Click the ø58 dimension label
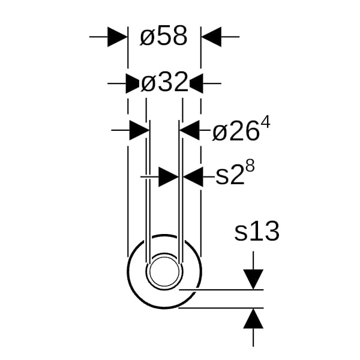tap(164, 36)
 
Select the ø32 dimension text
tap(164, 82)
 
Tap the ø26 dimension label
tap(236, 132)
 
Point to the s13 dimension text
tap(257, 231)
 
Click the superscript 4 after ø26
tap(266, 122)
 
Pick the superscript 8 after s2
tap(250, 166)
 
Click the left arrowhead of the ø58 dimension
tap(118, 37)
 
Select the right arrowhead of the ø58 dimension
tap(211, 37)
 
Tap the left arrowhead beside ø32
tap(133, 83)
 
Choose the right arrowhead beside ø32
tap(196, 83)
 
